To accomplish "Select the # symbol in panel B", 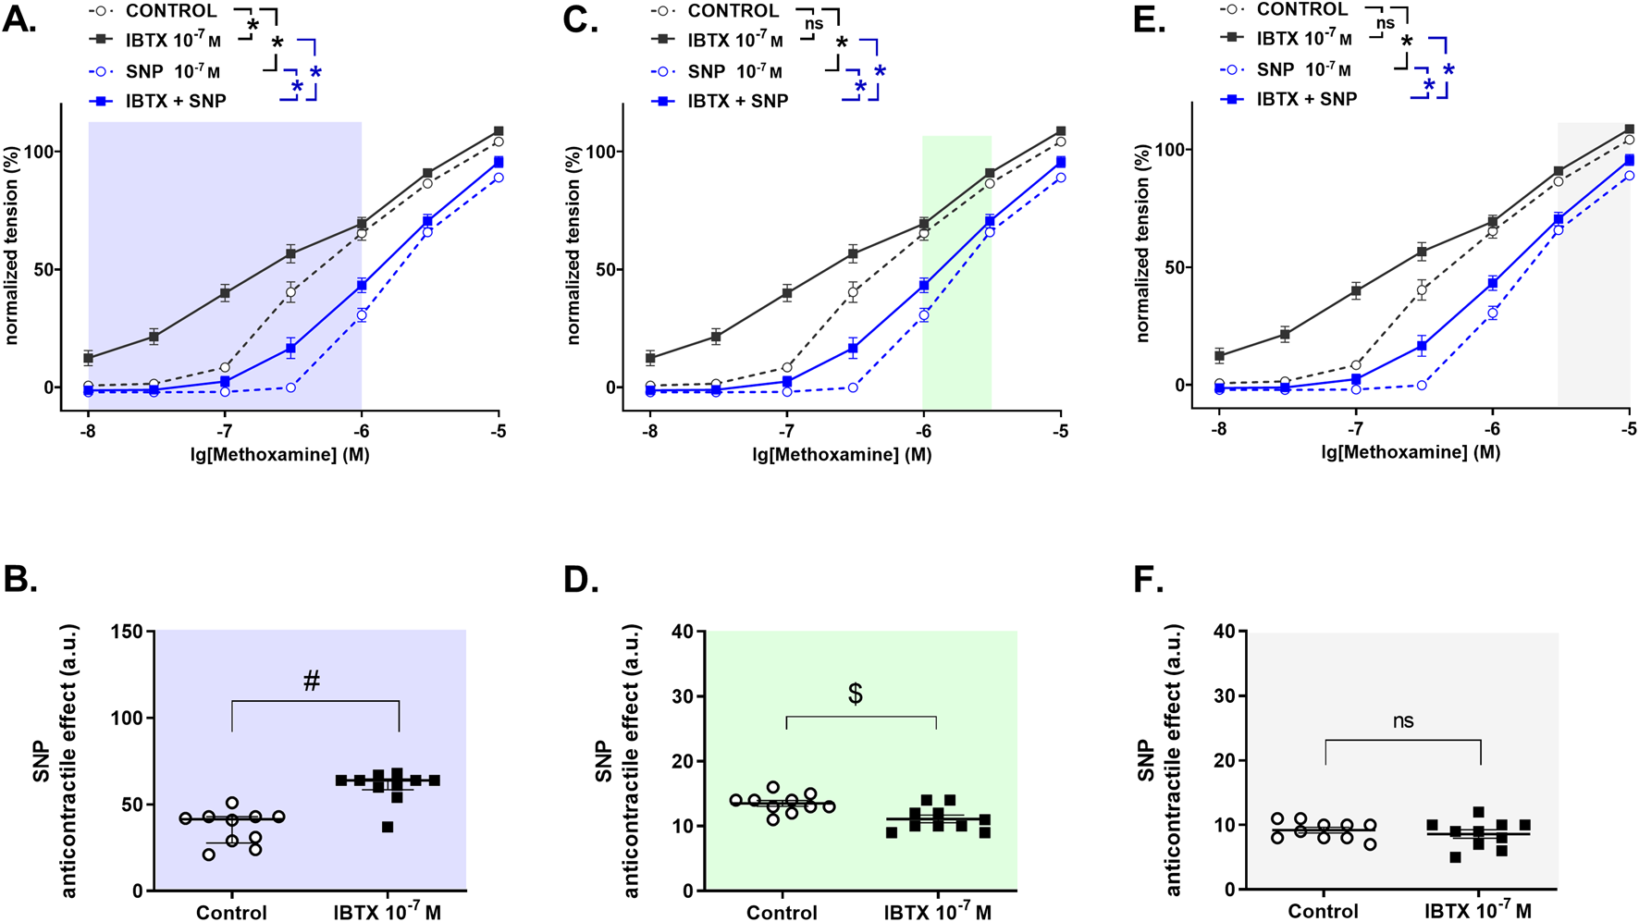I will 312,682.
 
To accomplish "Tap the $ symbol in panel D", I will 855,695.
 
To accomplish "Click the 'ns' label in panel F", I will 1403,721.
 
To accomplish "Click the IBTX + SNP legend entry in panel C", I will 737,101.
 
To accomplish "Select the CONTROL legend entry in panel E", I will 1301,10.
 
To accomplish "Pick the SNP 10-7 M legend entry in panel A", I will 173,72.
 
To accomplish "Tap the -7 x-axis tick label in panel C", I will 786,432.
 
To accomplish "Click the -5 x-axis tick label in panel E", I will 1629,429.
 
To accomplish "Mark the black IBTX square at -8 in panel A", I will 89,358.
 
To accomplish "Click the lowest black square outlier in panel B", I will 388,827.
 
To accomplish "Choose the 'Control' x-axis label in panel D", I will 782,913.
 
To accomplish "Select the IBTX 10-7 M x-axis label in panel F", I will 1478,911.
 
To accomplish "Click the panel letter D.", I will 580,580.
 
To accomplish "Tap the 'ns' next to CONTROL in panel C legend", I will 813,24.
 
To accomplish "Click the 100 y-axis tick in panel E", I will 1165,150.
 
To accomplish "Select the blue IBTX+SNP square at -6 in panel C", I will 923,285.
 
